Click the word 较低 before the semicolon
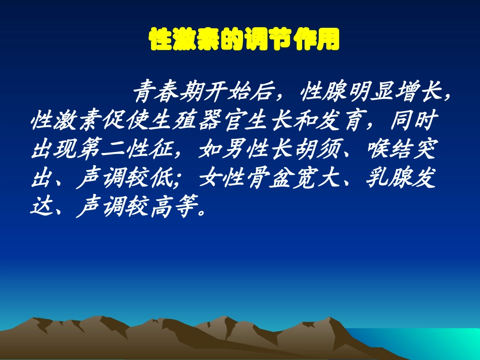pos(152,179)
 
